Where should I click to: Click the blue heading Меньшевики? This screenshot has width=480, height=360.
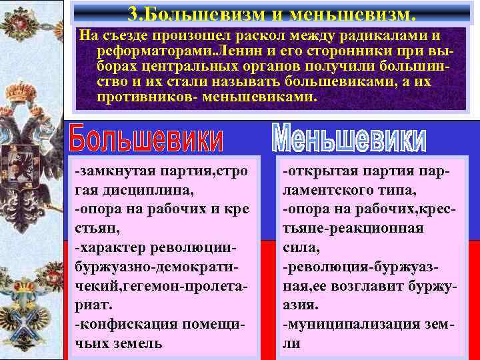point(349,137)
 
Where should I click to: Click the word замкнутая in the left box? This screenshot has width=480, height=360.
point(111,172)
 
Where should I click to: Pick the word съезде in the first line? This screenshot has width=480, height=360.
point(121,35)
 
